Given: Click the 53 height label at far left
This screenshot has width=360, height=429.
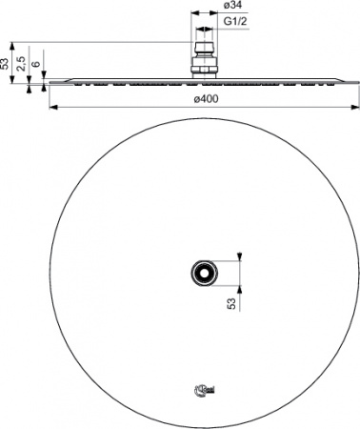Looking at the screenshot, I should pos(6,64).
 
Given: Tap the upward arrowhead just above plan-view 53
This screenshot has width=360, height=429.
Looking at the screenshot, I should pos(239,287).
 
